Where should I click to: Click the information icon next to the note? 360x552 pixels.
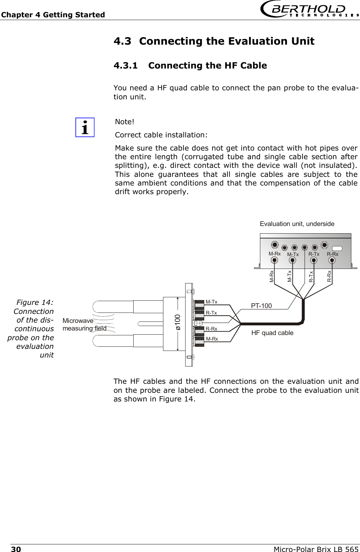tap(85, 127)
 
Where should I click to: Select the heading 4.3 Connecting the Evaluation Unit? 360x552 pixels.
tap(214, 42)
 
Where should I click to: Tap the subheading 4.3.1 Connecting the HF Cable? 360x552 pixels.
tap(190, 65)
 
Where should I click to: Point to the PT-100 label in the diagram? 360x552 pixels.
tap(261, 306)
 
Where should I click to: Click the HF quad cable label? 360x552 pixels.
tap(272, 333)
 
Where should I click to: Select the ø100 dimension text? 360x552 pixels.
tap(177, 322)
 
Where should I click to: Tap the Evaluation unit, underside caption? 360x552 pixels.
tap(297, 224)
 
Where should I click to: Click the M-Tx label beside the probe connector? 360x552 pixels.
tap(211, 302)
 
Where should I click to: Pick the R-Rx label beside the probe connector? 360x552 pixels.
tap(211, 328)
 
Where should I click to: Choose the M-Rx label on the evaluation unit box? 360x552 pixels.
tap(274, 253)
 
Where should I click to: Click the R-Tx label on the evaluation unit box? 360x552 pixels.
tap(314, 254)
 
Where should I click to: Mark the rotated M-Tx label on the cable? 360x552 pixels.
tap(290, 276)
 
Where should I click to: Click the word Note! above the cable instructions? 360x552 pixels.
tap(125, 122)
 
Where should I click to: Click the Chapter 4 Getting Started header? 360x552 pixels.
tap(53, 15)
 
